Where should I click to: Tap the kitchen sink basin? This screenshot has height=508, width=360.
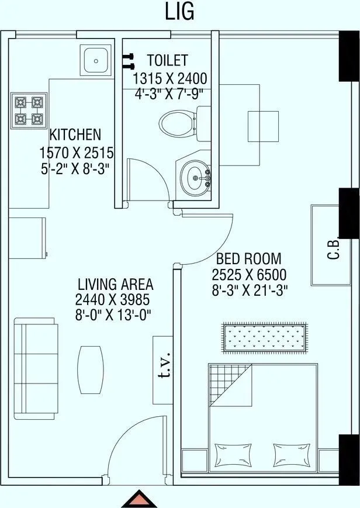(x=95, y=60)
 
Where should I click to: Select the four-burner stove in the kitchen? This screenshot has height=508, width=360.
(x=29, y=112)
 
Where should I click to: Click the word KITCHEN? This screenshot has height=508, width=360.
(x=74, y=134)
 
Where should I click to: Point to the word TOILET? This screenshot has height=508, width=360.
(x=167, y=60)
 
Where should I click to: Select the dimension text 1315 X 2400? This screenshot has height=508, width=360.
(x=169, y=78)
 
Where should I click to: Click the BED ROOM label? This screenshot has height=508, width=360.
(x=248, y=258)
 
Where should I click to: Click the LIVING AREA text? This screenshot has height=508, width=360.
(x=115, y=285)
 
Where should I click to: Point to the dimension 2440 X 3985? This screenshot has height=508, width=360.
(x=113, y=300)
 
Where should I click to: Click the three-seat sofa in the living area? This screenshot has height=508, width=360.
(x=36, y=369)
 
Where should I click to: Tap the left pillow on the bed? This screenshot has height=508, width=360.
(x=231, y=454)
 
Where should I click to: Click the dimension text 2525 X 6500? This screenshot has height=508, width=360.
(x=249, y=275)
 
